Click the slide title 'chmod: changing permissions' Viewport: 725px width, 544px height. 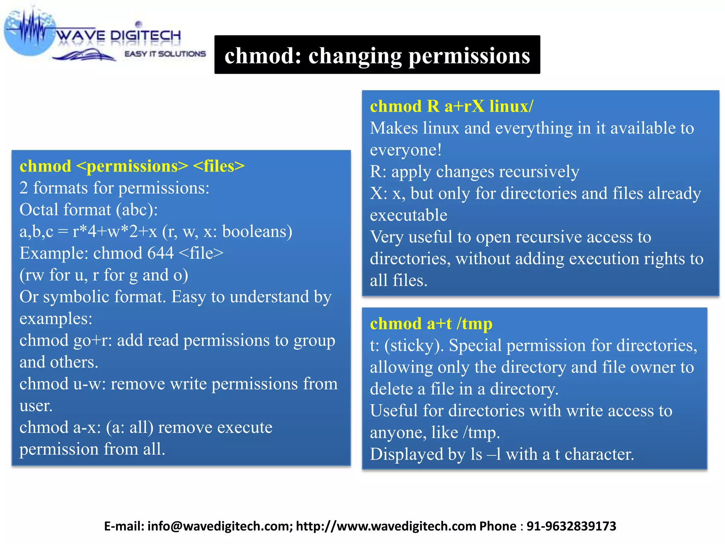[377, 56]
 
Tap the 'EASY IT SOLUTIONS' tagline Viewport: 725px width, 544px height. [165, 54]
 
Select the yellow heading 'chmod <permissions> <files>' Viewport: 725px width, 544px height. [132, 166]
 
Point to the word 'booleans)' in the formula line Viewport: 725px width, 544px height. [257, 232]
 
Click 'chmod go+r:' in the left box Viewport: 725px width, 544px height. [66, 340]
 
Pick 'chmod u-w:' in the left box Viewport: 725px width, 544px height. [63, 384]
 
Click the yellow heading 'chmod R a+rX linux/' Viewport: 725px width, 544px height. [451, 106]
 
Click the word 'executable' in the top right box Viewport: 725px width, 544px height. [409, 215]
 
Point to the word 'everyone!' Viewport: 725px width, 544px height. [406, 150]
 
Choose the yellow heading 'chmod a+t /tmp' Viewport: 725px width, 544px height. [431, 324]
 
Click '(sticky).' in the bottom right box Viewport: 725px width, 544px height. [414, 346]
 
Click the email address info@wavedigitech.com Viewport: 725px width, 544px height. [219, 526]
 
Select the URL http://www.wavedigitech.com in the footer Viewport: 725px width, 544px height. [386, 526]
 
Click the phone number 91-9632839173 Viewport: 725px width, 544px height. [571, 526]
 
